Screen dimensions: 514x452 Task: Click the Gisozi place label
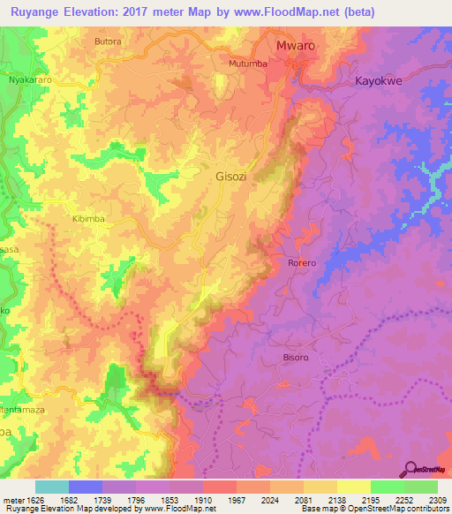tap(233, 177)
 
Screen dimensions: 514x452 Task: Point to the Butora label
tap(107, 42)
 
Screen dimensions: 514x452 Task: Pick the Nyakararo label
tap(31, 79)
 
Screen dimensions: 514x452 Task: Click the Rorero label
tap(302, 263)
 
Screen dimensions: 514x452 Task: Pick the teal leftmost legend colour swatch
tap(51, 487)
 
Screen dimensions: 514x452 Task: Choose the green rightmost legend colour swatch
tap(421, 487)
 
